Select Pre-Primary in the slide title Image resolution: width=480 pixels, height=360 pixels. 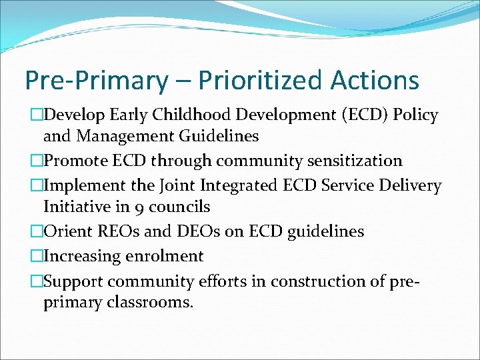point(96,81)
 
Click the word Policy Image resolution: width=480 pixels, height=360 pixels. point(415,115)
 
